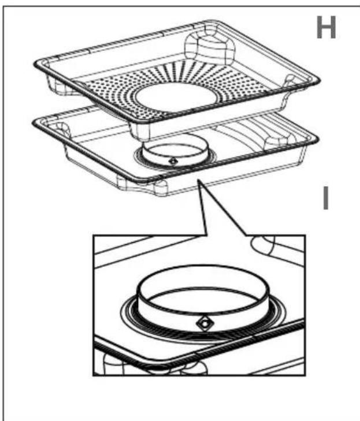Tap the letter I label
click(x=326, y=199)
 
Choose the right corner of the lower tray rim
click(x=314, y=139)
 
